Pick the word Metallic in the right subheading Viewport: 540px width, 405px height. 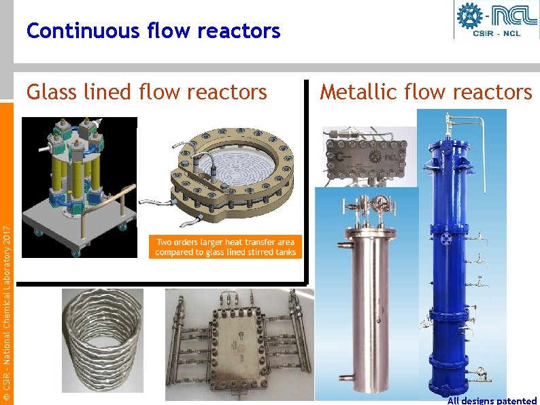coord(358,91)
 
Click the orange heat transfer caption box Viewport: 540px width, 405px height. coord(225,246)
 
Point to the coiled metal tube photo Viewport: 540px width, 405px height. coord(103,337)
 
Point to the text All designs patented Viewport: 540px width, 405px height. coord(492,400)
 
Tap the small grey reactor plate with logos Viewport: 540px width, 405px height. coord(368,157)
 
